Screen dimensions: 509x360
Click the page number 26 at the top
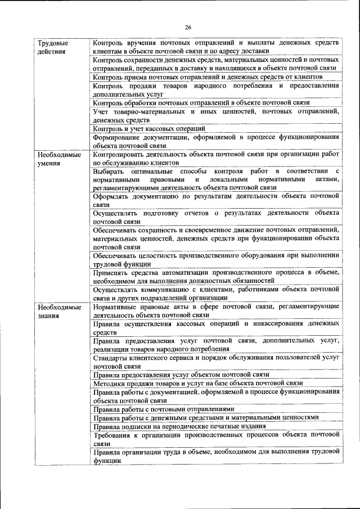188,27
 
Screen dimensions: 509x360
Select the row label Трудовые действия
51,47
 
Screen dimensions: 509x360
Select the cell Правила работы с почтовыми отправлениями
164,409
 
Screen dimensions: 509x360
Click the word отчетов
193,213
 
